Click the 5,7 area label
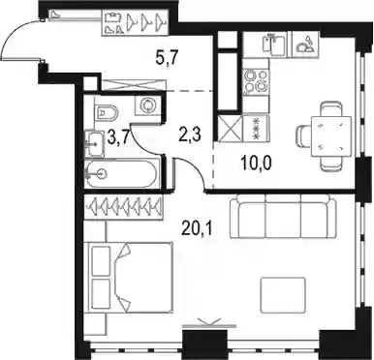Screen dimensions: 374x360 pos(166,59)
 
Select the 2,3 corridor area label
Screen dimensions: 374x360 pos(189,135)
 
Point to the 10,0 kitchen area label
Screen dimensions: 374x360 pos(256,164)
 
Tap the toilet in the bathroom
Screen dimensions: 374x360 pos(106,111)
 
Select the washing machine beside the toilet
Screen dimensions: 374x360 pos(148,105)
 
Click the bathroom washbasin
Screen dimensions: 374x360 pos(95,143)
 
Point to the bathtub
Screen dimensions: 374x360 pos(123,174)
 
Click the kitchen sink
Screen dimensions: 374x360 pos(274,45)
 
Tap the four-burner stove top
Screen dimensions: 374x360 pos(257,80)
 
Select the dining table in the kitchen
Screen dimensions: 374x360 pos(330,136)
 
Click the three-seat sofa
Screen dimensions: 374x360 pos(282,217)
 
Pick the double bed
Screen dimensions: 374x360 pos(128,278)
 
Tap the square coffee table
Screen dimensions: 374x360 pos(283,293)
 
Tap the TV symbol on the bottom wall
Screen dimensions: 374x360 pos(209,324)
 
